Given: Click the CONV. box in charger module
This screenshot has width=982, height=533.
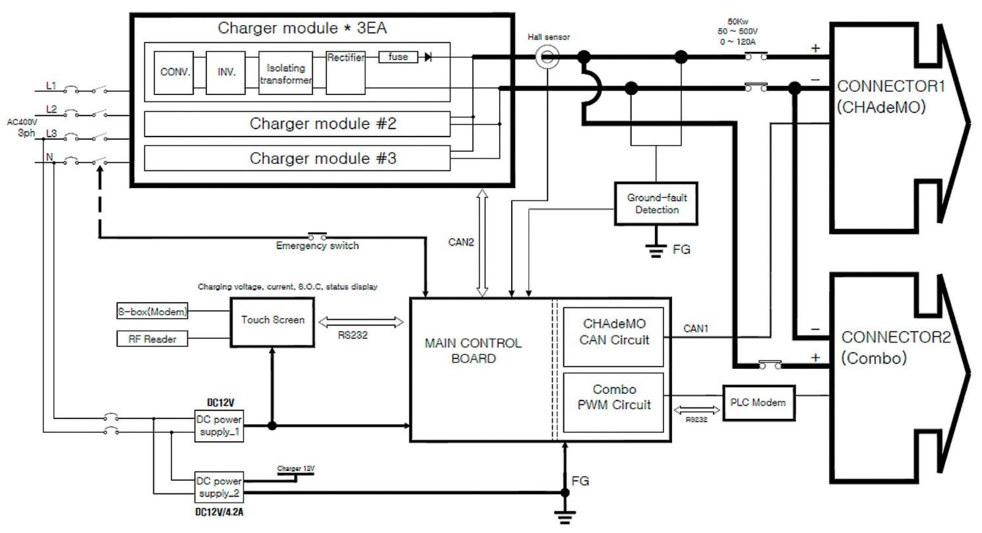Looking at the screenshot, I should pyautogui.click(x=175, y=72).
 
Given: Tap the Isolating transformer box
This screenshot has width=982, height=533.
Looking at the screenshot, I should pyautogui.click(x=285, y=73).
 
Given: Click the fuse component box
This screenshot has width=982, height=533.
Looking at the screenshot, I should pyautogui.click(x=398, y=57).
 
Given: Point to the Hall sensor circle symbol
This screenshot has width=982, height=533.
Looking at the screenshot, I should pyautogui.click(x=547, y=59).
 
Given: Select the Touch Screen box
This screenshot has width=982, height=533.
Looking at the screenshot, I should pyautogui.click(x=272, y=320).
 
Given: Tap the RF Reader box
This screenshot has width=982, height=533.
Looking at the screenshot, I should pyautogui.click(x=152, y=339).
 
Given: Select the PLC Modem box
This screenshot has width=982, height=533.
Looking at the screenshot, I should pyautogui.click(x=757, y=402).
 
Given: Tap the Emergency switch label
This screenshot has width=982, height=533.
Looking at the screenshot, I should pyautogui.click(x=317, y=246).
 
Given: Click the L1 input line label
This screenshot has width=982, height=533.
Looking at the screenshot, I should pyautogui.click(x=51, y=86).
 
